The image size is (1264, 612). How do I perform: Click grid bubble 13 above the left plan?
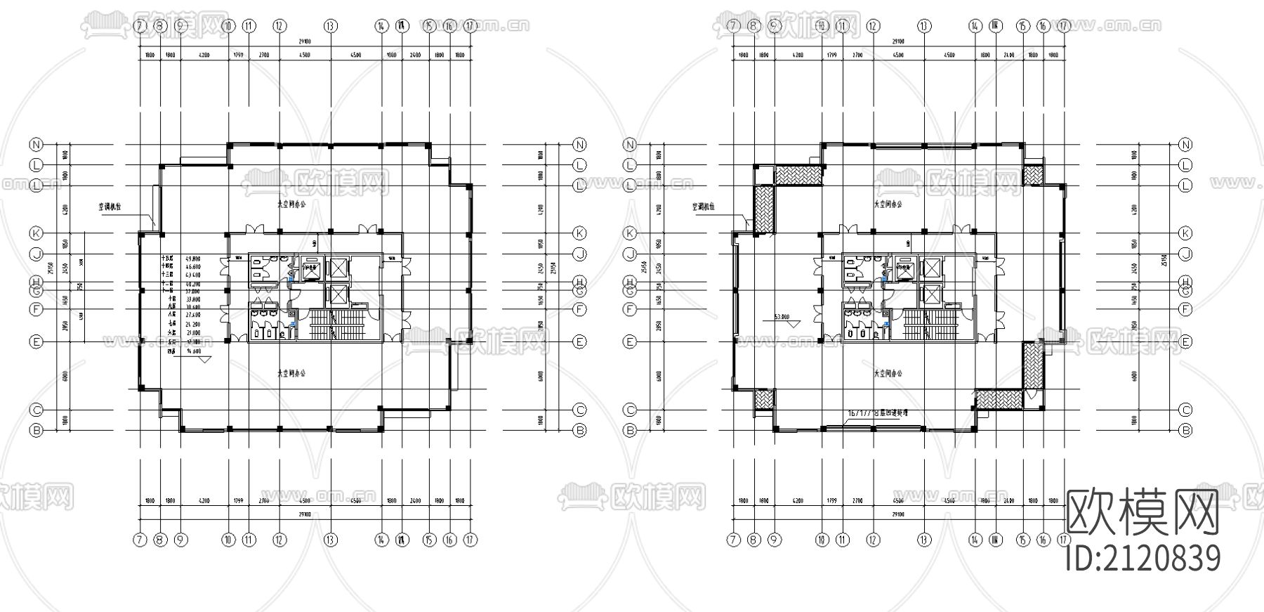coord(330,26)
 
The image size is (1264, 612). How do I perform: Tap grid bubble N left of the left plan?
coord(36,145)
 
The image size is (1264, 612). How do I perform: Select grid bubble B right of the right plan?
coord(1185,430)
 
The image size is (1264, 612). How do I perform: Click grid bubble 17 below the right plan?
coord(1064,540)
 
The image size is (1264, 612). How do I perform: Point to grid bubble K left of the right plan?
coord(630,233)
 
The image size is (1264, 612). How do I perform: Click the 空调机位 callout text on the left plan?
coord(114,207)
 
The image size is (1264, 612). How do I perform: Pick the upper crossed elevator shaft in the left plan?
coord(338,268)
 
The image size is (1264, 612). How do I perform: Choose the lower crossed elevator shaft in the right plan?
coord(932,294)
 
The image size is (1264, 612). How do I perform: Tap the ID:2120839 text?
coord(1143,559)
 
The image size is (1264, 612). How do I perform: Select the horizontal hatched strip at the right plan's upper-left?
coord(799,175)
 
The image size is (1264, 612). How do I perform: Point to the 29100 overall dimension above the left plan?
coord(304,41)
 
